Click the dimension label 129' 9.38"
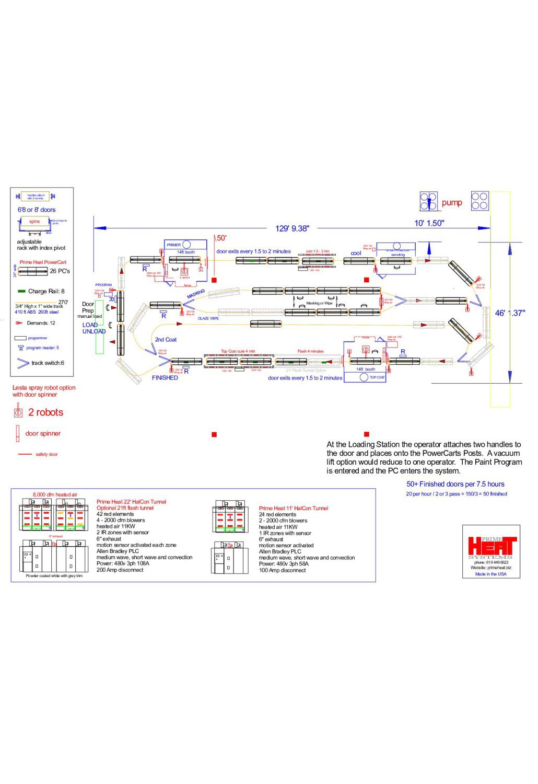click(x=292, y=228)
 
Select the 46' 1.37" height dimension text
click(x=510, y=313)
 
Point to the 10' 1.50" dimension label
click(x=429, y=223)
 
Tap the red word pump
click(x=452, y=203)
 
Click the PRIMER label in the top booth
click(x=173, y=245)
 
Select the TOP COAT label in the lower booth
click(x=377, y=377)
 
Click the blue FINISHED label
click(x=165, y=378)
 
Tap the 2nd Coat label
click(x=166, y=340)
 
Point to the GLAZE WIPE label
click(x=208, y=318)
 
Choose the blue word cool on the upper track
click(x=356, y=253)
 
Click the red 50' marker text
click(x=221, y=238)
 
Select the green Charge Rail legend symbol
click(x=21, y=291)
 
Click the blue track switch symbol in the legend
click(x=23, y=363)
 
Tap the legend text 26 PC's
click(x=60, y=271)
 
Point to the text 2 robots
click(x=45, y=412)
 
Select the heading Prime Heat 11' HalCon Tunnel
click(x=293, y=508)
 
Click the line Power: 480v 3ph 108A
click(x=123, y=564)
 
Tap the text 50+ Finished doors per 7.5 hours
click(x=455, y=484)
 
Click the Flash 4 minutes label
click(x=310, y=351)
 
